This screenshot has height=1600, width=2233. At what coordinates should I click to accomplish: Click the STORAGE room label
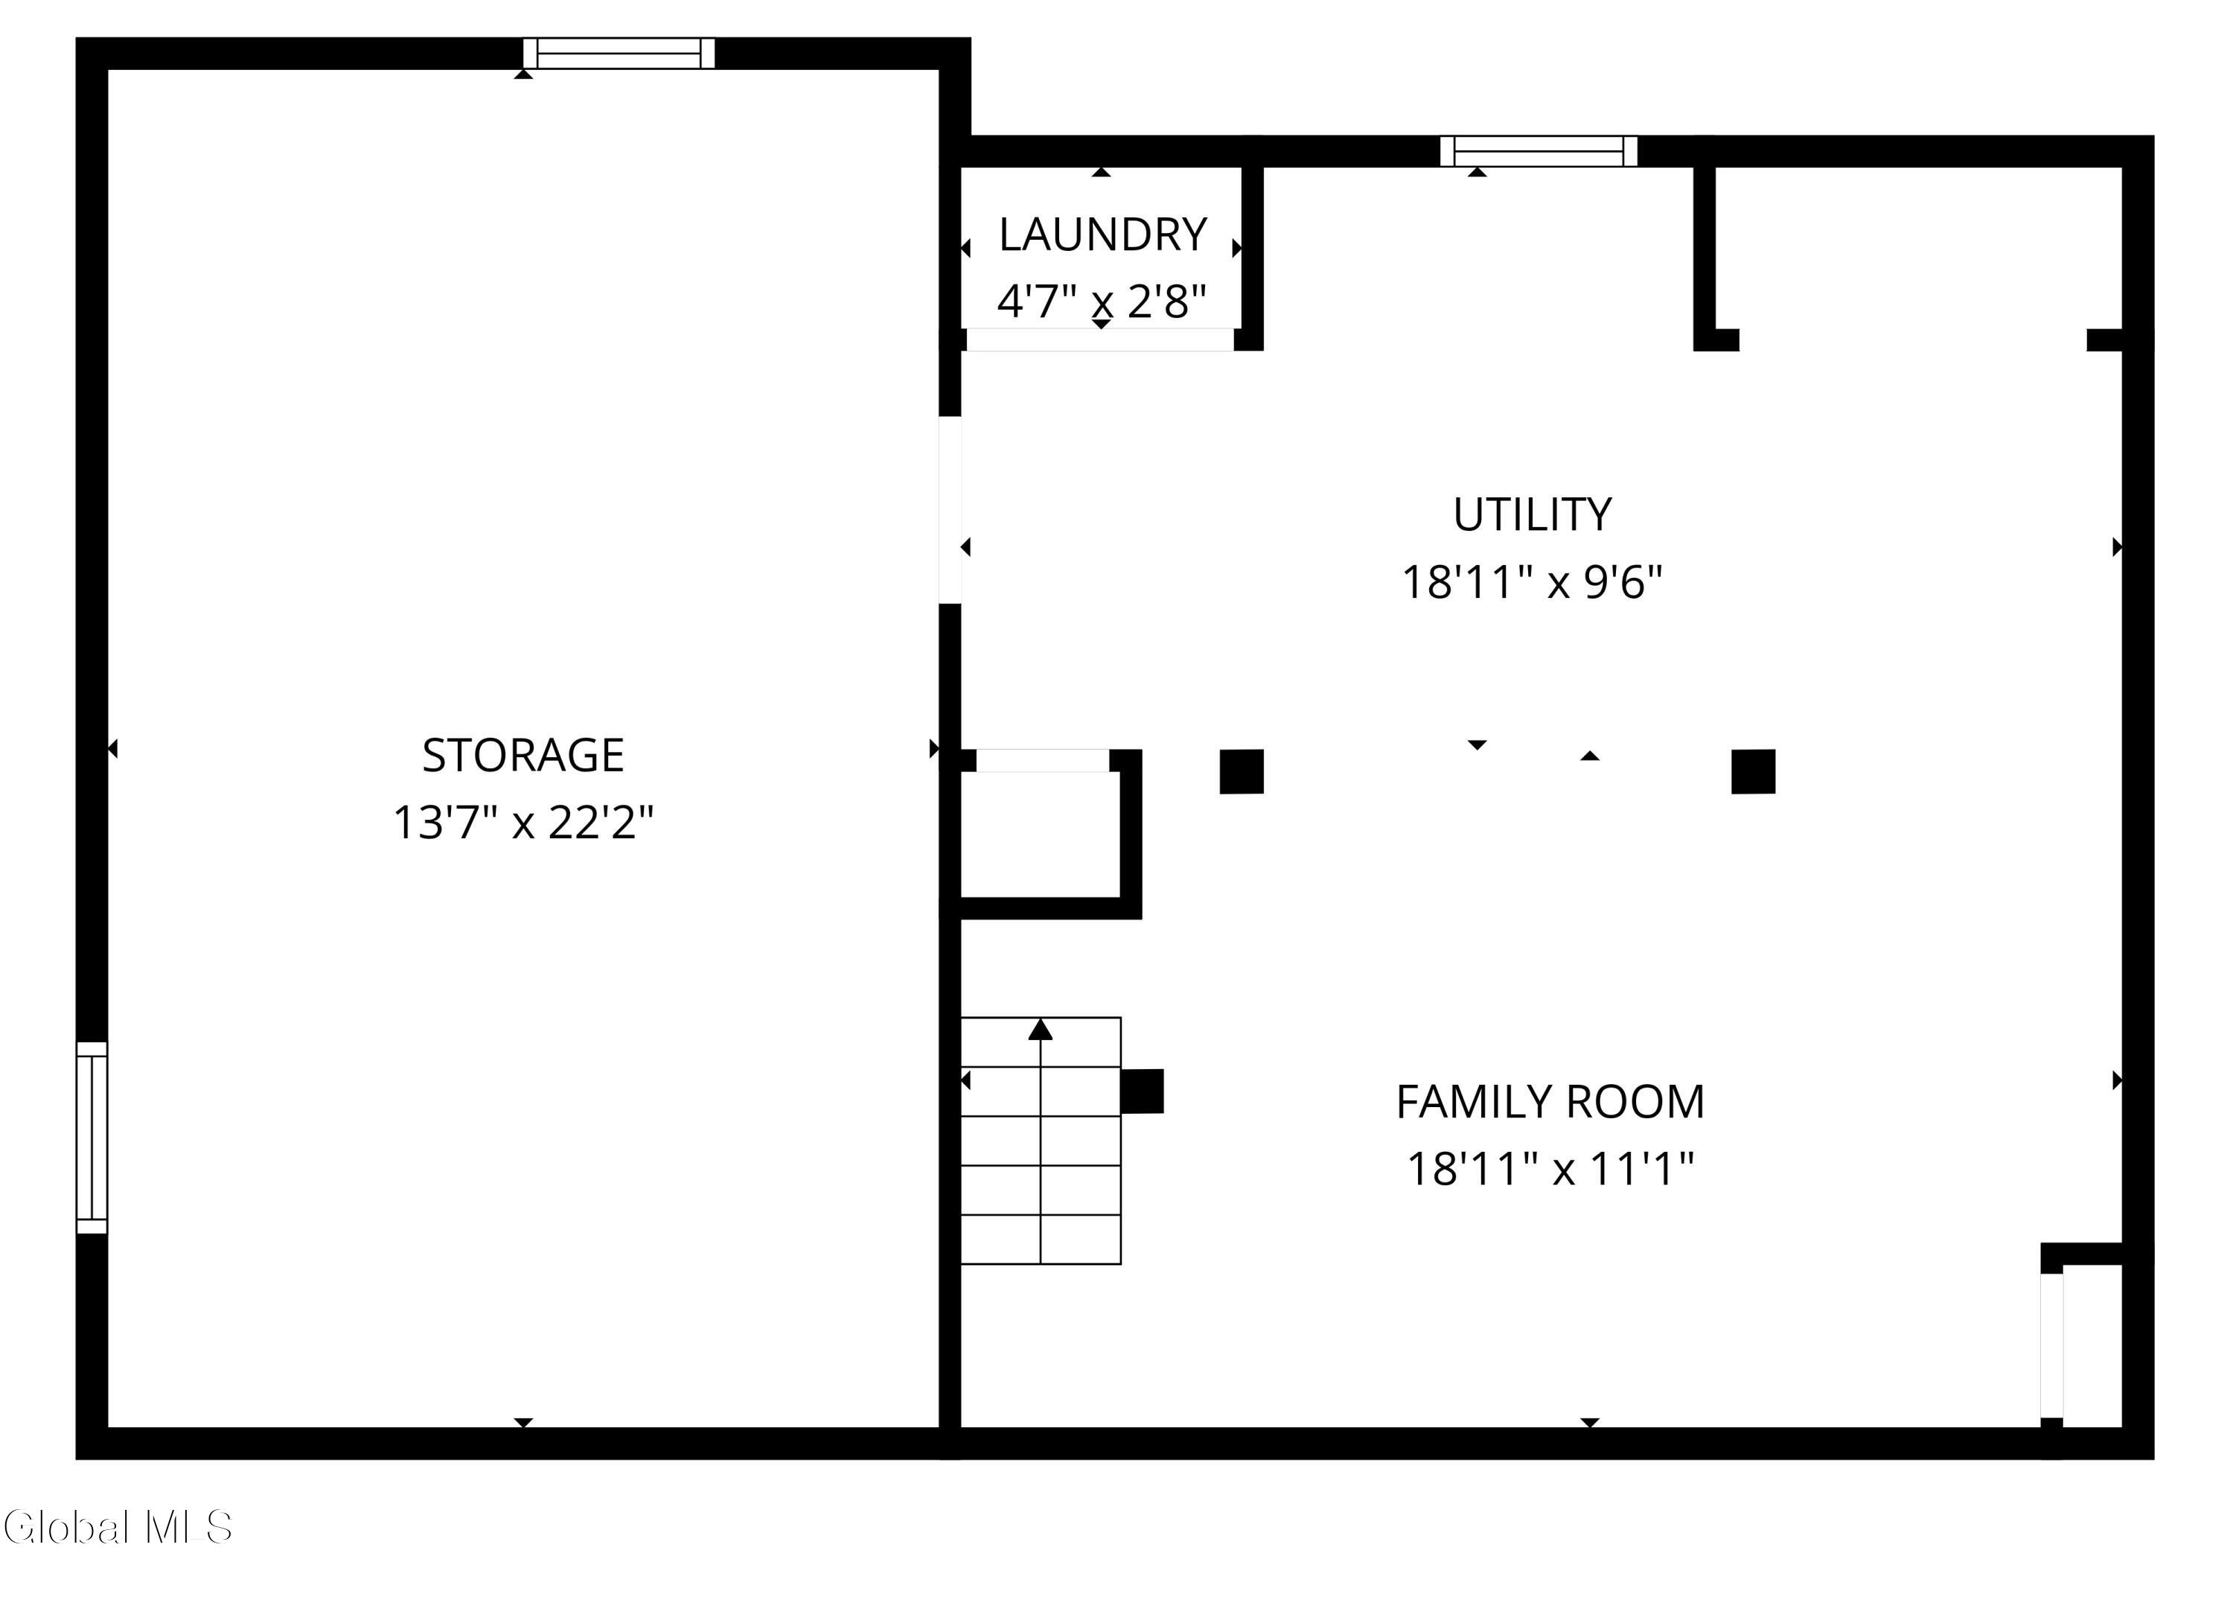click(x=523, y=755)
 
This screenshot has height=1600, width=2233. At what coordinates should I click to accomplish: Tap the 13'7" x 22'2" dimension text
click(x=523, y=822)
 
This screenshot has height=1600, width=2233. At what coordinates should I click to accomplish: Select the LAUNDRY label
click(x=1102, y=235)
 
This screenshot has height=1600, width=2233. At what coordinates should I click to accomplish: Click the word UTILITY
click(x=1532, y=514)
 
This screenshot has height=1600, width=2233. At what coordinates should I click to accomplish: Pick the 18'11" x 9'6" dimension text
click(x=1532, y=582)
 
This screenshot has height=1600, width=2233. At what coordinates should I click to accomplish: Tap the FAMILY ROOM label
click(x=1550, y=1102)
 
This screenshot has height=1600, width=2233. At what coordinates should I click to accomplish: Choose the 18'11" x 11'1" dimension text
click(x=1550, y=1170)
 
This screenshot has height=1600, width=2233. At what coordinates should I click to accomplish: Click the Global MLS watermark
click(x=118, y=1527)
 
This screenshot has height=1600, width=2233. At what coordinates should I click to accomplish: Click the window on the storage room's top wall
click(x=619, y=53)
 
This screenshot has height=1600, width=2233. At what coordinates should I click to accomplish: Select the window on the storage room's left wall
click(x=92, y=1137)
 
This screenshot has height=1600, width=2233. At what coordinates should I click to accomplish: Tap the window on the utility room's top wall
click(x=1539, y=150)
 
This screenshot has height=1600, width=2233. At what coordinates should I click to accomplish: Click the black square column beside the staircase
click(x=1142, y=1091)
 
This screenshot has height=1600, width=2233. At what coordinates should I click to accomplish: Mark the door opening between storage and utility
click(x=950, y=510)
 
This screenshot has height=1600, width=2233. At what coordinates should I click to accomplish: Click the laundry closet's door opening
click(x=1100, y=340)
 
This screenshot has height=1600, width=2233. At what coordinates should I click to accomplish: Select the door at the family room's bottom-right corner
click(x=2052, y=1345)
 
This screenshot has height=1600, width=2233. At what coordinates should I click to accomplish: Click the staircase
click(x=1041, y=1140)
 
